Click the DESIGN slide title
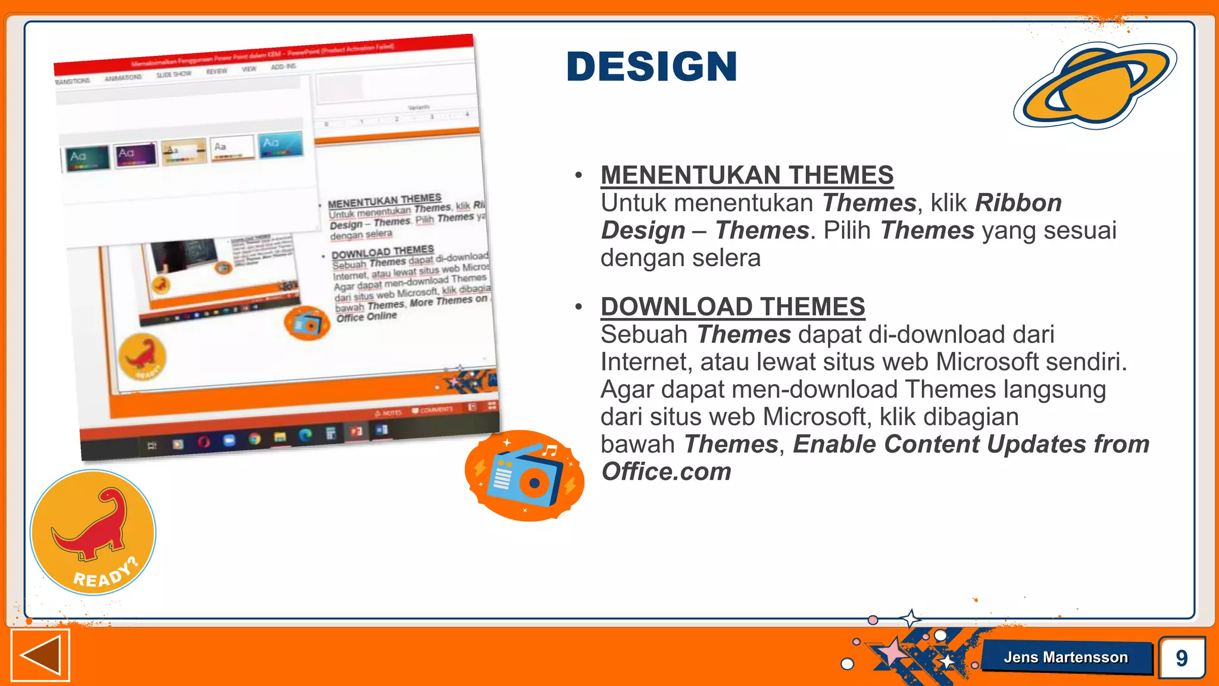tap(652, 66)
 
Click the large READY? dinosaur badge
tap(93, 532)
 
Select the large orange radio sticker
tap(524, 476)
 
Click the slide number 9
tap(1182, 658)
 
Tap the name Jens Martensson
tap(1065, 657)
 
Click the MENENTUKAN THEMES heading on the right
tap(747, 175)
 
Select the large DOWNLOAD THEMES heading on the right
tap(733, 307)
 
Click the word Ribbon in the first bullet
tap(1018, 203)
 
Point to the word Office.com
tap(666, 472)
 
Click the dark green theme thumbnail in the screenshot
tap(87, 158)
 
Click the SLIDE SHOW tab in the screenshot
tap(174, 74)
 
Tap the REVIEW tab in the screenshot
tap(217, 71)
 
